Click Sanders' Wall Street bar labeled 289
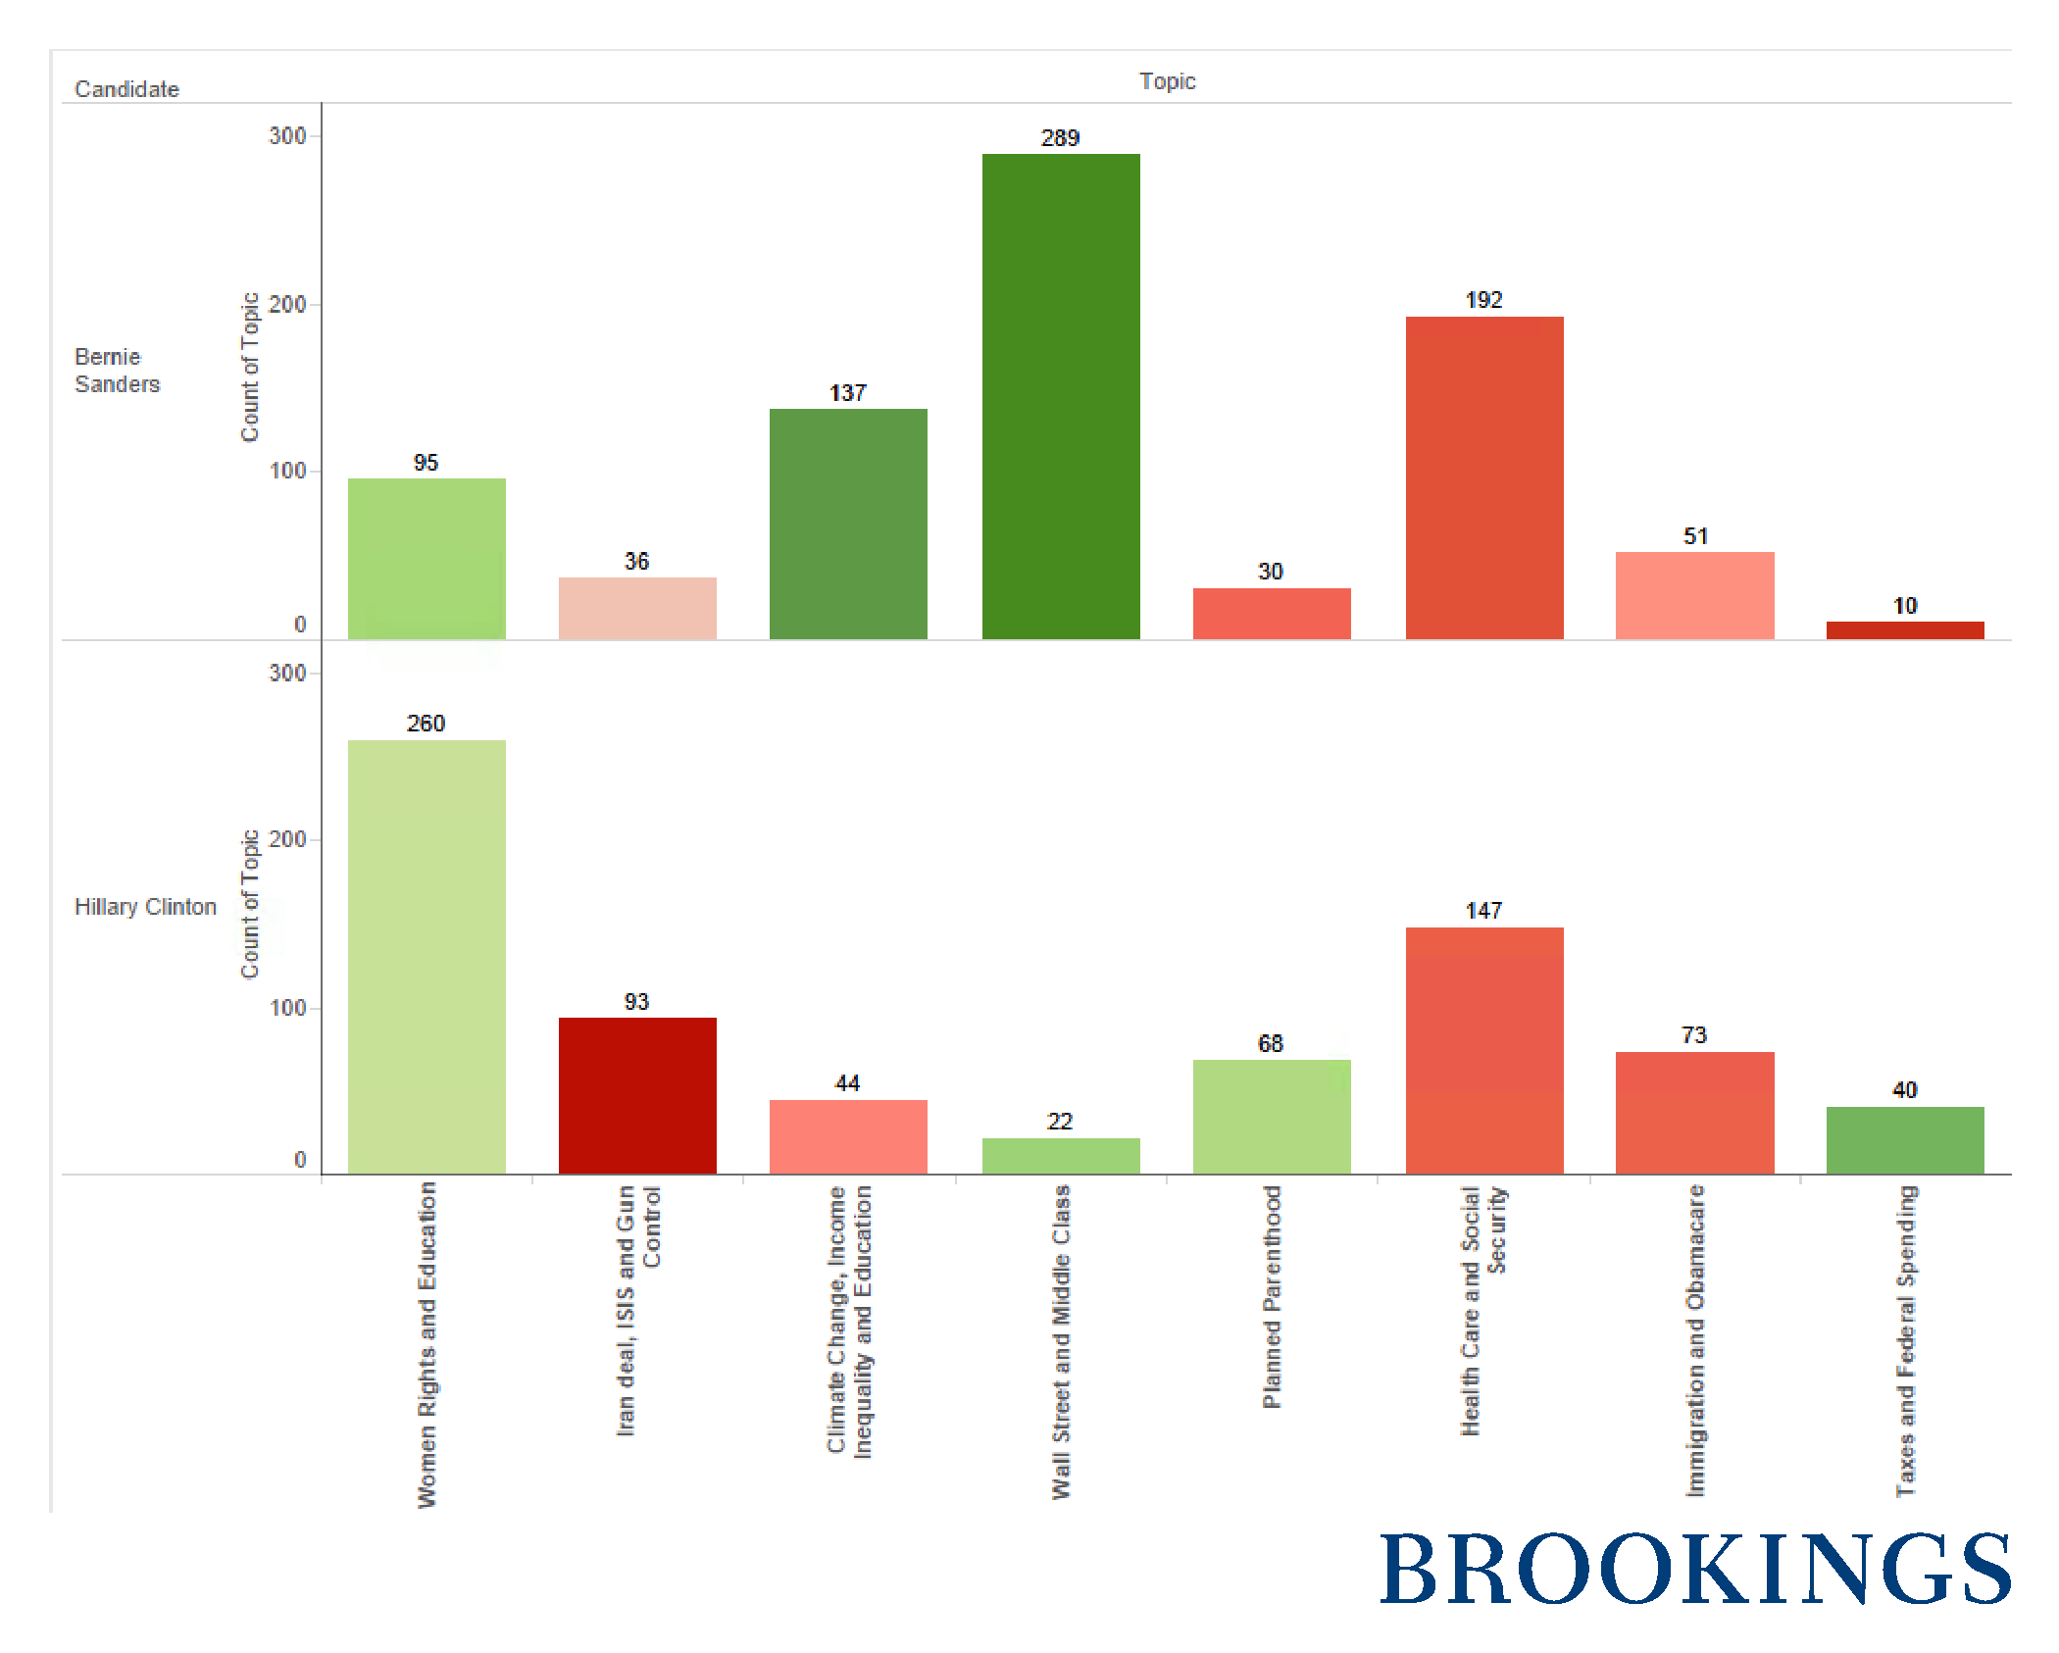click(x=1061, y=396)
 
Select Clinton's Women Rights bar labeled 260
click(x=427, y=956)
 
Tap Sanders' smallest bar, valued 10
click(x=1904, y=629)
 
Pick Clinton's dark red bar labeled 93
click(x=637, y=1095)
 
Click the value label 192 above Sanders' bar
click(x=1483, y=300)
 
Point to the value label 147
click(x=1483, y=911)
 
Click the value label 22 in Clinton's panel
click(x=1060, y=1121)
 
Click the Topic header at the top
click(x=1167, y=81)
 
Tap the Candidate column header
click(x=126, y=89)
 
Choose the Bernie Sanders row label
click(x=117, y=371)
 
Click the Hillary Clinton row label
click(x=145, y=907)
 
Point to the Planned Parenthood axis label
click(x=1272, y=1296)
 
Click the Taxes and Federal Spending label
click(x=1905, y=1340)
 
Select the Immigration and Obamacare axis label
click(x=1694, y=1340)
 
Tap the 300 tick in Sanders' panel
click(x=287, y=136)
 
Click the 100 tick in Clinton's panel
click(x=287, y=1008)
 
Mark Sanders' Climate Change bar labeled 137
click(x=848, y=524)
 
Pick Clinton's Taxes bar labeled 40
click(x=1904, y=1139)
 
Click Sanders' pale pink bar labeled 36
click(x=637, y=608)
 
